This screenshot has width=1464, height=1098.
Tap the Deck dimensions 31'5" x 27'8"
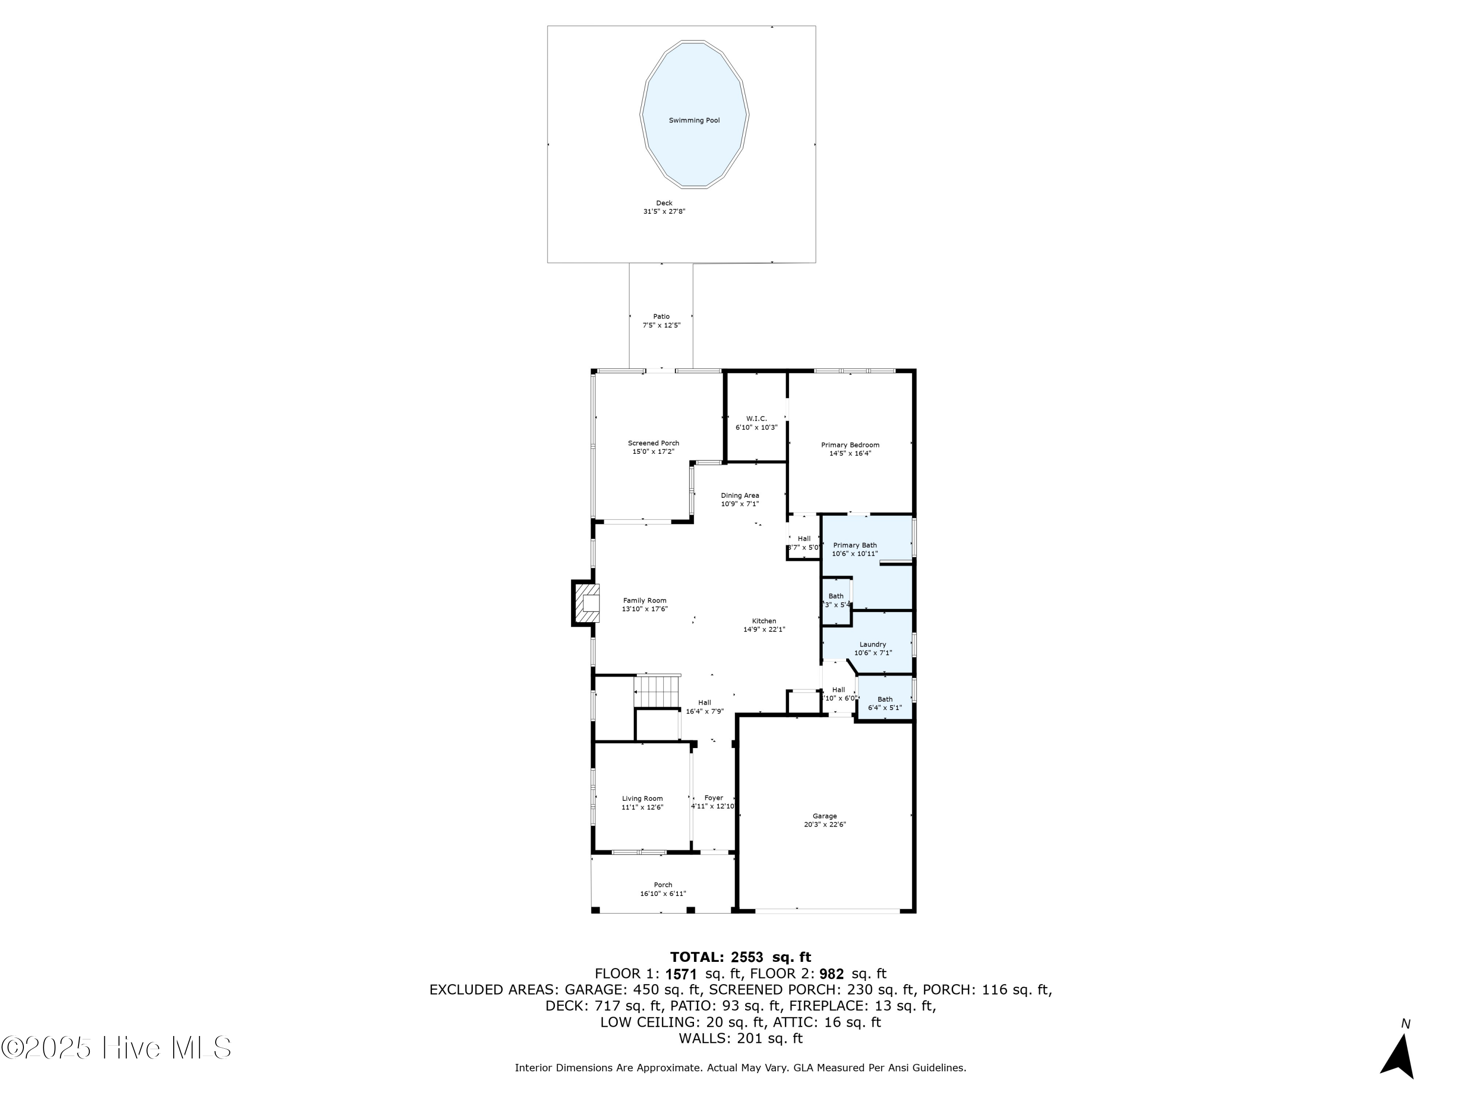click(x=659, y=212)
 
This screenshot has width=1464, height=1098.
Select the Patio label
click(x=661, y=316)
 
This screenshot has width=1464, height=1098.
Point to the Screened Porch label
click(x=653, y=443)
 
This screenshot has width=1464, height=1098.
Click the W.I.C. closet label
click(x=756, y=418)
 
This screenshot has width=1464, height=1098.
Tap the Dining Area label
click(x=739, y=495)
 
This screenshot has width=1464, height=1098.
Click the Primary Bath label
click(x=854, y=546)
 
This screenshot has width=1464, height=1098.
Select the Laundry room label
click(x=873, y=644)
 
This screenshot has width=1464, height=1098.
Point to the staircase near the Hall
click(x=657, y=691)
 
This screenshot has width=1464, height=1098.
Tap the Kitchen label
click(x=764, y=621)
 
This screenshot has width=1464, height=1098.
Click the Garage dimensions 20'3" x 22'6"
click(x=824, y=825)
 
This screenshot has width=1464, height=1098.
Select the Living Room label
click(x=642, y=798)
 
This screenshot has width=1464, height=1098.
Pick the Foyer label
click(x=713, y=797)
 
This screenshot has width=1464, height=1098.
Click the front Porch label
click(x=663, y=885)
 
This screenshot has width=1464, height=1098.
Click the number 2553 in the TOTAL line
click(x=747, y=957)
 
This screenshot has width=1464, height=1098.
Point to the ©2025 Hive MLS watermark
click(x=117, y=1048)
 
